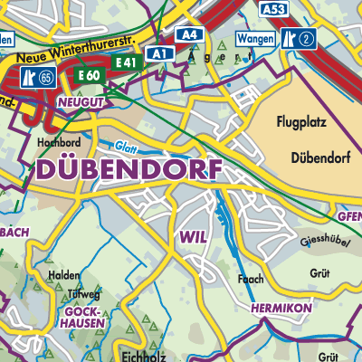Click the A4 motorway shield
tap(189, 34)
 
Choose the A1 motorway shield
tap(159, 53)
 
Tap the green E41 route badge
tap(127, 62)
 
